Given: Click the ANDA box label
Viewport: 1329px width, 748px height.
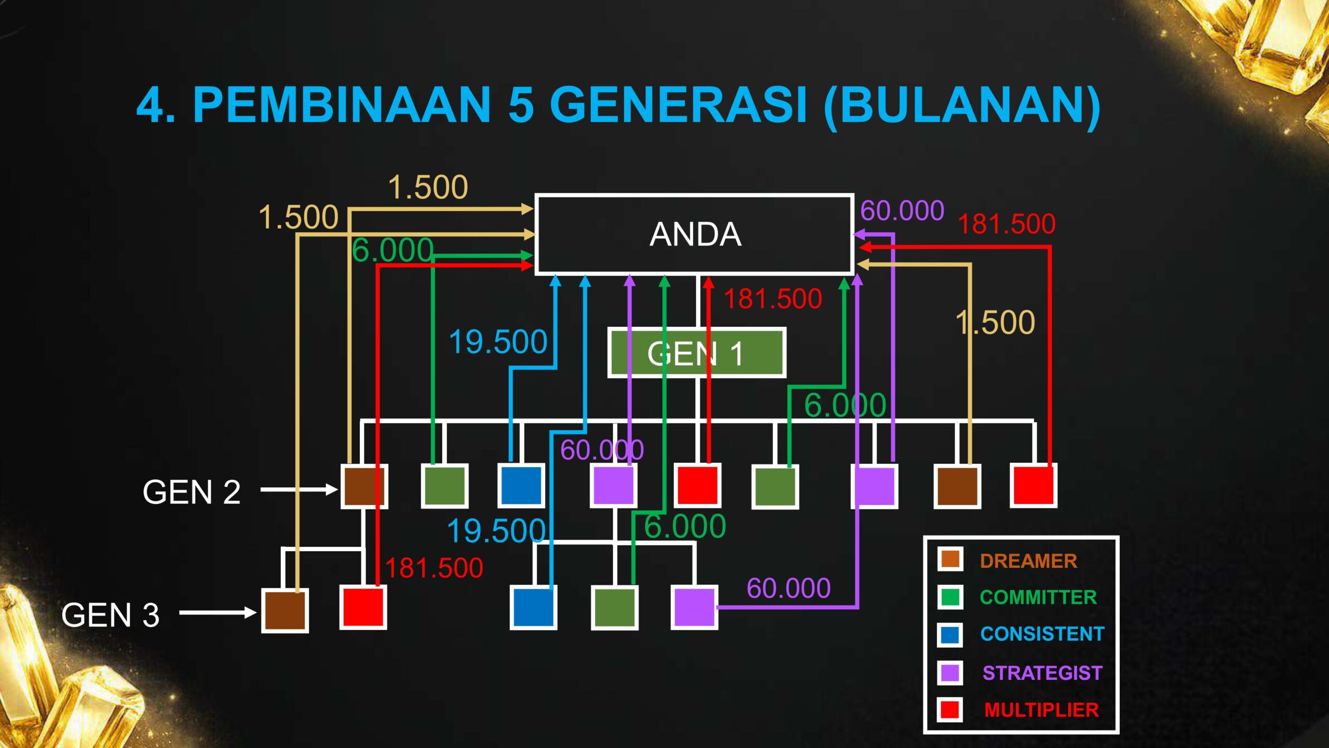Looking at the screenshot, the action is [x=695, y=234].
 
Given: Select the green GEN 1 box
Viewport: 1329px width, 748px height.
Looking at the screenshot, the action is [x=697, y=353].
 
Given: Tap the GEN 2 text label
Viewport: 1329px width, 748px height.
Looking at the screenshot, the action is [x=192, y=492].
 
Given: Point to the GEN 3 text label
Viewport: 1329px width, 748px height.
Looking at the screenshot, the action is [x=110, y=615].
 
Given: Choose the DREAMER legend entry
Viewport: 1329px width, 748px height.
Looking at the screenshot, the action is [x=1028, y=561].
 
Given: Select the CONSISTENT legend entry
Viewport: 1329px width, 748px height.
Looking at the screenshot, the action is [x=1042, y=634].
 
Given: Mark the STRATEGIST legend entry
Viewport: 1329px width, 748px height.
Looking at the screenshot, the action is [x=1042, y=673].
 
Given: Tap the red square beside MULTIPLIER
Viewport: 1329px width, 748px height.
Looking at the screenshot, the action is [x=950, y=710].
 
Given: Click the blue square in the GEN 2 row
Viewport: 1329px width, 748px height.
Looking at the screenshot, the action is [x=521, y=486].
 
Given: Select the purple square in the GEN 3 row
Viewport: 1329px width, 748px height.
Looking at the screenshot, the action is [x=695, y=607].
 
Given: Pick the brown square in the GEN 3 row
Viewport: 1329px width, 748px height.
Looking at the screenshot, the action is [x=285, y=610].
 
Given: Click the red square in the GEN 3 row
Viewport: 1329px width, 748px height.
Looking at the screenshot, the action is [x=363, y=607].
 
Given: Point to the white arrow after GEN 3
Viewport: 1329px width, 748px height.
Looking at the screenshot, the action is [x=218, y=613].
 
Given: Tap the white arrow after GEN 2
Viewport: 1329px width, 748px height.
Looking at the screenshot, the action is [x=300, y=489].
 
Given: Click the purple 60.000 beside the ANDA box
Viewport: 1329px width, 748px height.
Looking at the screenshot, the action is [x=902, y=210].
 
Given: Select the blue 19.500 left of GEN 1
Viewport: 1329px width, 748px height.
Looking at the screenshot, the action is [x=498, y=342].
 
